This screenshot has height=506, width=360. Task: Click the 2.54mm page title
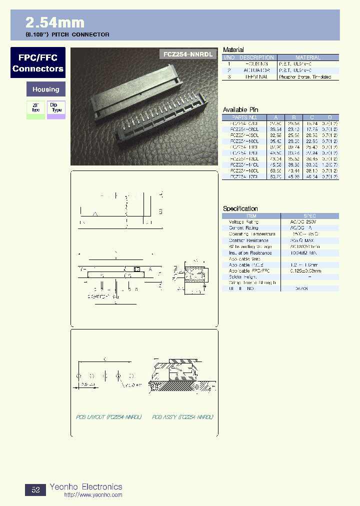pyautogui.click(x=55, y=22)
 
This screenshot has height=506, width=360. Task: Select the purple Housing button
pyautogui.click(x=45, y=89)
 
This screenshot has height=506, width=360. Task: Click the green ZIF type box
pyautogui.click(x=35, y=109)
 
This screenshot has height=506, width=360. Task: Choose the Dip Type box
pyautogui.click(x=56, y=109)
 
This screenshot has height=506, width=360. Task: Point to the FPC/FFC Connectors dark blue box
pyautogui.click(x=38, y=63)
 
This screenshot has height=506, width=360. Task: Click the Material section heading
pyautogui.click(x=233, y=49)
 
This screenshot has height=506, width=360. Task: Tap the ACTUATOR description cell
pyautogui.click(x=258, y=70)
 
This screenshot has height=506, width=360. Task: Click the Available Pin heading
pyautogui.click(x=240, y=109)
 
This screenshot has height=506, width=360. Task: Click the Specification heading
pyautogui.click(x=240, y=208)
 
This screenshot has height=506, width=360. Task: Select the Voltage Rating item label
pyautogui.click(x=243, y=221)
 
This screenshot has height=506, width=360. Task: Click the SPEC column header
pyautogui.click(x=309, y=216)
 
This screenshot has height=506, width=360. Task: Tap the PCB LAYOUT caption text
pyautogui.click(x=108, y=416)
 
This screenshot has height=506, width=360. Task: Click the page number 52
pyautogui.click(x=35, y=490)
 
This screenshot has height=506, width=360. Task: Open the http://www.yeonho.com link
pyautogui.click(x=93, y=495)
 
